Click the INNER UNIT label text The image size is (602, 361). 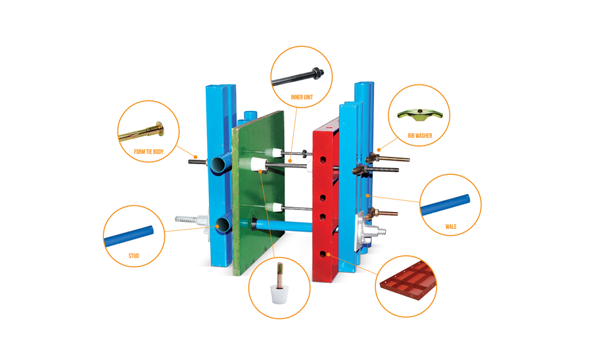coord(302,97)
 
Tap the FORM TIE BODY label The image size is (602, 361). coord(149,152)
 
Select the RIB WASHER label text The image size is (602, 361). coord(420,135)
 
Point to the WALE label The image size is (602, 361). coord(451,226)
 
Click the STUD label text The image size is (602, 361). coord(133,255)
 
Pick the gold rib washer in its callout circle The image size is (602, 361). coord(420,115)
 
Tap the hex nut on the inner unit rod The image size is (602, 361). coord(317,72)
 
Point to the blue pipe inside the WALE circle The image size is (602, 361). coord(445,205)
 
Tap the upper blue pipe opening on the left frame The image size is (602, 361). coord(220,165)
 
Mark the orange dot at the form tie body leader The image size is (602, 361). coord(195,157)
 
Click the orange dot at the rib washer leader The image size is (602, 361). coord(379,150)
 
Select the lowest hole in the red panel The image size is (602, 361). coord(323,253)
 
